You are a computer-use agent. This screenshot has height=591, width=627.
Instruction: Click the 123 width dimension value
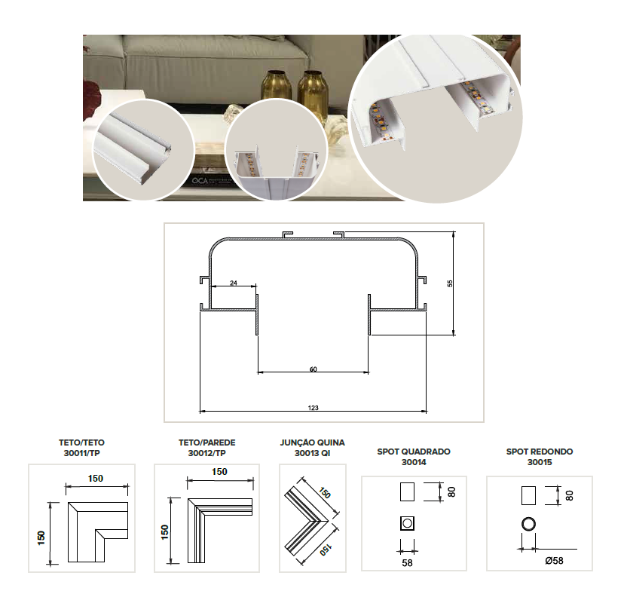(313, 408)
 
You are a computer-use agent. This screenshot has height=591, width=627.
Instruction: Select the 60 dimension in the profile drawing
(313, 369)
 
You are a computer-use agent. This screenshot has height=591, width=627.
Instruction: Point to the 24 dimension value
(234, 283)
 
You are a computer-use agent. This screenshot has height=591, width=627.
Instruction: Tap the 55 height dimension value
(450, 283)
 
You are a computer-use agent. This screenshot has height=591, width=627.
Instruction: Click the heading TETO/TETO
(81, 442)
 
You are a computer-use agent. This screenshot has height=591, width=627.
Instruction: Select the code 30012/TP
(206, 453)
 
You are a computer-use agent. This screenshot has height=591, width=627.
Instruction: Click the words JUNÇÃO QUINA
(312, 442)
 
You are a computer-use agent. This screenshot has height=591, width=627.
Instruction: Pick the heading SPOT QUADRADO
(414, 452)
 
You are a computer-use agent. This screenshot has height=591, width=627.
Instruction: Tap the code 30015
(540, 462)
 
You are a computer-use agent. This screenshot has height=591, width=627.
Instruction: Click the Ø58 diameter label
(554, 561)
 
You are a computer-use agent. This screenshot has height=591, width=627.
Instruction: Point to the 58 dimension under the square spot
(407, 563)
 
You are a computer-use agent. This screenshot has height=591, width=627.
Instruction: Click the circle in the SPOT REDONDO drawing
(528, 524)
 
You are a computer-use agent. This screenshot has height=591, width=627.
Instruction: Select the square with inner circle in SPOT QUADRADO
(407, 523)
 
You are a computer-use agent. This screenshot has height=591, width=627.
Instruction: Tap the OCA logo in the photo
(200, 181)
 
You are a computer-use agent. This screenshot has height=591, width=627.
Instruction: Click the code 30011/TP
(81, 453)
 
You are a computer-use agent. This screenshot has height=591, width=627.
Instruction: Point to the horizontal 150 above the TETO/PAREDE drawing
(219, 472)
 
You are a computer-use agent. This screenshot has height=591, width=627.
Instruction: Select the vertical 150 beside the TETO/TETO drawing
(41, 537)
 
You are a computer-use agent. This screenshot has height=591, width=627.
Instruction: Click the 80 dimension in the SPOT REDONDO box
(570, 495)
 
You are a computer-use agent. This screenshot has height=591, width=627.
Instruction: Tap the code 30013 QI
(312, 453)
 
